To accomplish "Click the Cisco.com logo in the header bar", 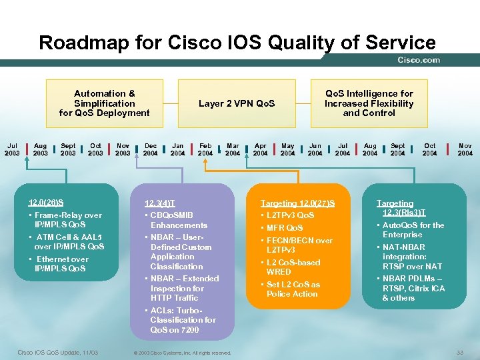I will (x=419, y=60).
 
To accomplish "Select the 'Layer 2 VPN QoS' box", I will (x=237, y=103).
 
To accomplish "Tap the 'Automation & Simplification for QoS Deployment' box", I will (x=104, y=103).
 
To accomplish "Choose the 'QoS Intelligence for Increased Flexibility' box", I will (x=369, y=103).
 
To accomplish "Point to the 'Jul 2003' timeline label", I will (x=12, y=149).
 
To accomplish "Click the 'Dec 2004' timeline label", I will (x=151, y=149).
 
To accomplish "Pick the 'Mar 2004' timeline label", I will (x=233, y=149).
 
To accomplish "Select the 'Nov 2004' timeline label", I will (x=465, y=149).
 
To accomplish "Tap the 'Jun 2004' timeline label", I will (x=315, y=149).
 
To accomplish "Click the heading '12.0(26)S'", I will (x=46, y=203).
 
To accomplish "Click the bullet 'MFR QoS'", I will (x=284, y=228).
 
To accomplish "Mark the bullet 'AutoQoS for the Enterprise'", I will (x=413, y=230).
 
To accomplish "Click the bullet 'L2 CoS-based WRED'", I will (x=293, y=267).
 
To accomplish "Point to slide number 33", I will (x=459, y=352).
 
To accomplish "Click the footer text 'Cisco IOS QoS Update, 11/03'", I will (x=57, y=352).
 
